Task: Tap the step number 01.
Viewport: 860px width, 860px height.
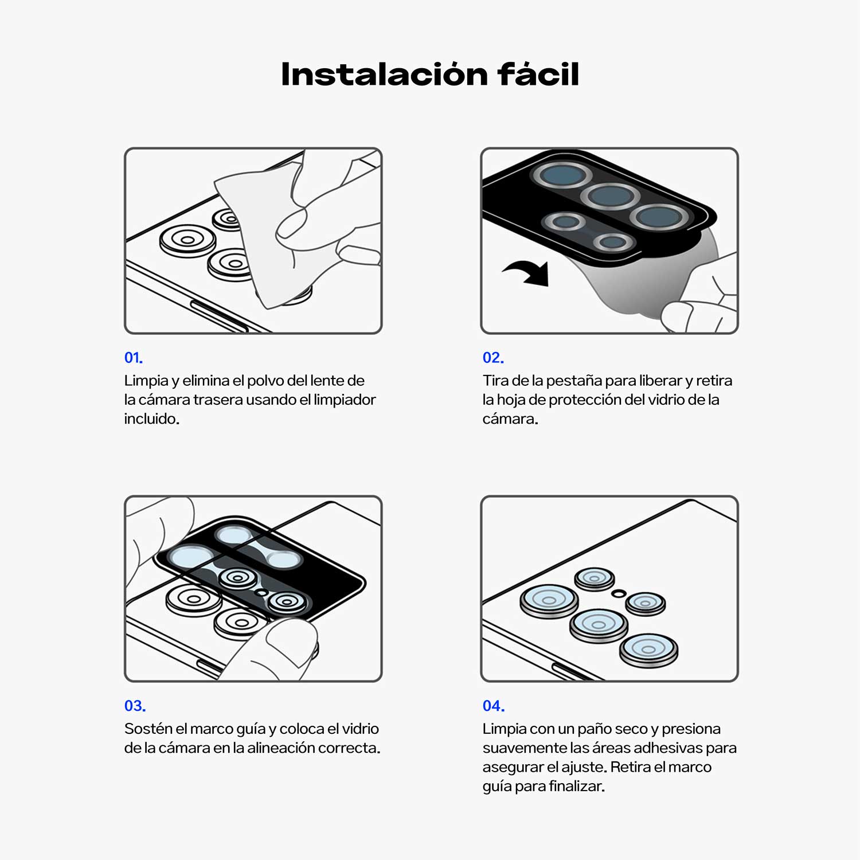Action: (134, 358)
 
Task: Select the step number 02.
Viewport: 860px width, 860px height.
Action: (493, 358)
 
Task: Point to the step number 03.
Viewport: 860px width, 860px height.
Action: (135, 706)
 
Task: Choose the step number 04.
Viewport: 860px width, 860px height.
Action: (494, 706)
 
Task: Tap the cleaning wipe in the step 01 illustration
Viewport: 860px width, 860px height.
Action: (258, 229)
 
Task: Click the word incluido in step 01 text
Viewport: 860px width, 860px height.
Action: (151, 419)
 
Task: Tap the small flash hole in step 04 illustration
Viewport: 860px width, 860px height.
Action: (618, 593)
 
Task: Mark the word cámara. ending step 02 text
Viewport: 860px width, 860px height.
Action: (510, 419)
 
